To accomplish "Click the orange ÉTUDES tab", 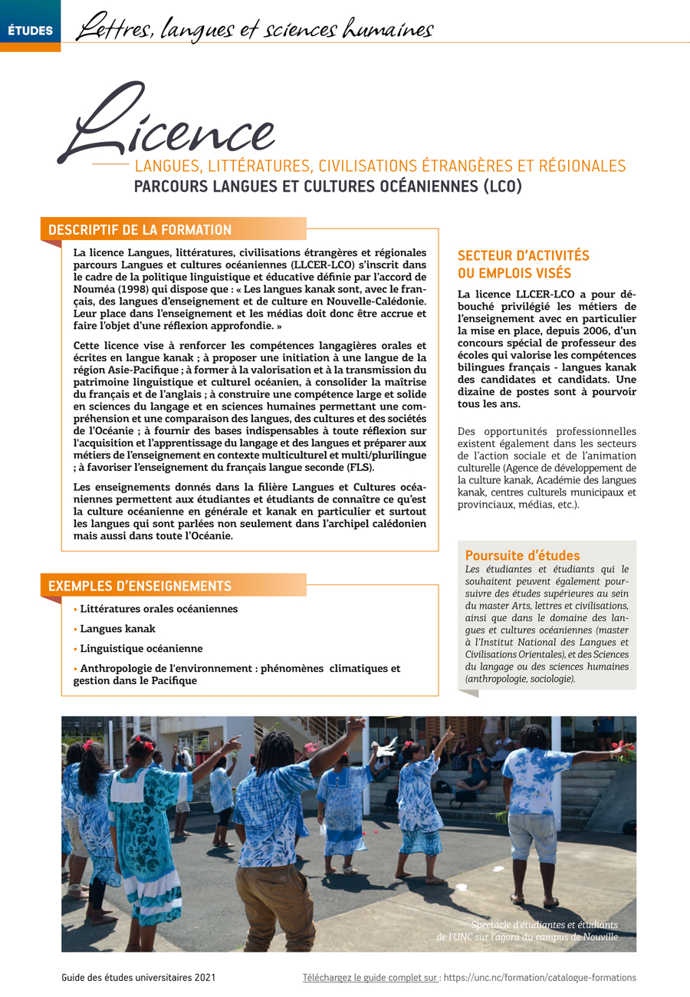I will pos(30,31).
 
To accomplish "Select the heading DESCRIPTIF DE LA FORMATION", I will pos(140,229).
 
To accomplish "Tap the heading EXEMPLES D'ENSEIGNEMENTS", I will pos(140,586).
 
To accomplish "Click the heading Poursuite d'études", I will pos(522,555).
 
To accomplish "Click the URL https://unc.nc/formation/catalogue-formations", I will pos(540,978).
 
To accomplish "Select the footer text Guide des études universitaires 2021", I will pos(138,978).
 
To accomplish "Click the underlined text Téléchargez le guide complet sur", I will pos(371,978).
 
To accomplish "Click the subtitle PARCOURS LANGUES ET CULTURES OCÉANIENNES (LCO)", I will pos(327,186).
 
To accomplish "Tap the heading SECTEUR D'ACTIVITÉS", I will pos(523,256).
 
